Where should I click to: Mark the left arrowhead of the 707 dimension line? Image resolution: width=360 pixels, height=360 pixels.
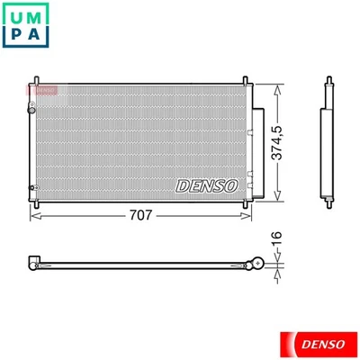(x=35, y=216)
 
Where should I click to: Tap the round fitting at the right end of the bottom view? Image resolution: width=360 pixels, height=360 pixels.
(x=258, y=264)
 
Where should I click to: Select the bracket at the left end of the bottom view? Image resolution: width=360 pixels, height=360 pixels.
(x=34, y=264)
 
